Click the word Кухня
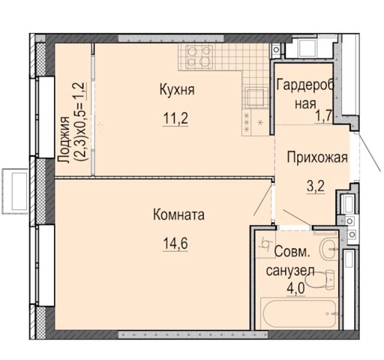[x=177, y=90]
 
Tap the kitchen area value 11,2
[x=175, y=118]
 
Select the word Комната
[x=178, y=215]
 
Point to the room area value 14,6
[x=175, y=243]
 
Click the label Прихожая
[x=317, y=157]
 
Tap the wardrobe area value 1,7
[x=323, y=115]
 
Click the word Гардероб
[x=305, y=85]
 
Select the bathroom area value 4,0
[x=295, y=289]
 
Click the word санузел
[x=290, y=271]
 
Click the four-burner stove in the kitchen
[x=199, y=56]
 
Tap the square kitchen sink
[x=256, y=97]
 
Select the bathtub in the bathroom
[x=299, y=313]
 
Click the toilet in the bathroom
[x=320, y=280]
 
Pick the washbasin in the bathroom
[x=329, y=249]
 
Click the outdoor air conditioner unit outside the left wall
[x=15, y=191]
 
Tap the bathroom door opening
[x=295, y=227]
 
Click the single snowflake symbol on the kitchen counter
[x=260, y=122]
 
